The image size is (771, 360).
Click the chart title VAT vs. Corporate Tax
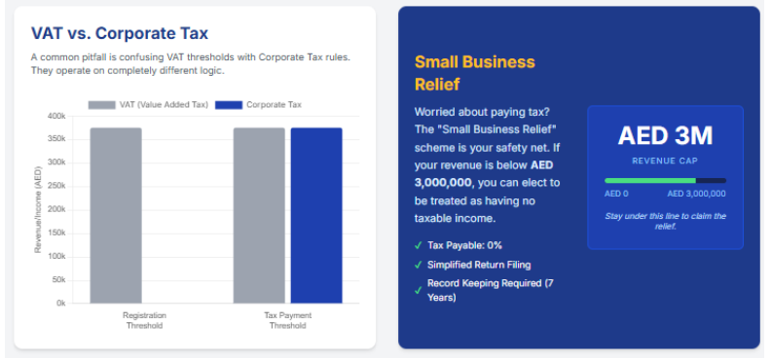119,35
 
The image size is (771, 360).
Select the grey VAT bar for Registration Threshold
116,215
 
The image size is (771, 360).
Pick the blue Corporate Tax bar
316,215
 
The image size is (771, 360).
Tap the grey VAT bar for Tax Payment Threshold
259,215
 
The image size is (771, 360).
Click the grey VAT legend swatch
101,105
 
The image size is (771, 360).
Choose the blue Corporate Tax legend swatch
228,105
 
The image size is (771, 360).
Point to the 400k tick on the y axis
56,116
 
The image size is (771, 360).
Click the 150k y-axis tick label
56,233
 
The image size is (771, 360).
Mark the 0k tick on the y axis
60,303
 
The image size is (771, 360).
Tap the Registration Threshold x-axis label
144,320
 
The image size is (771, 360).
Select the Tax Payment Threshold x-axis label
287,320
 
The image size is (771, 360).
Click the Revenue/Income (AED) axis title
38,210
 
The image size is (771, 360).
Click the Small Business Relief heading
474,73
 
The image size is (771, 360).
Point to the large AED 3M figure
665,136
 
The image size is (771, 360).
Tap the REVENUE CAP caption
665,161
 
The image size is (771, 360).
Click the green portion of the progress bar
649,180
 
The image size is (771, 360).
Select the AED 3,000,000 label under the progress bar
697,194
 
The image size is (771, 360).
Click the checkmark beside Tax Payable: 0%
419,245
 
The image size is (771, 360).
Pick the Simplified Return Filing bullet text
478,265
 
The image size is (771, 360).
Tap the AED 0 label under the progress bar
617,194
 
